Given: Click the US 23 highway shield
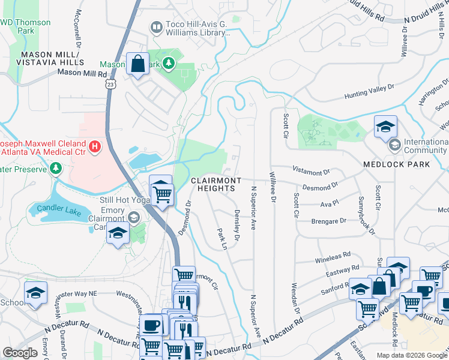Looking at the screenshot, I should pyautogui.click(x=110, y=85).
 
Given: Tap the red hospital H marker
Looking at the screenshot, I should pyautogui.click(x=94, y=146).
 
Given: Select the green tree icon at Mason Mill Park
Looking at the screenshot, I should pyautogui.click(x=169, y=63).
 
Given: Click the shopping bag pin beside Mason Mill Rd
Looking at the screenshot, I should pyautogui.click(x=137, y=63).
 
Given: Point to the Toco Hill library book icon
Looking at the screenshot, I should pyautogui.click(x=157, y=27).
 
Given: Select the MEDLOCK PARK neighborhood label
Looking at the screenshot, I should pyautogui.click(x=396, y=164).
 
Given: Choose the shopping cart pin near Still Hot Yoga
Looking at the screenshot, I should pyautogui.click(x=161, y=193).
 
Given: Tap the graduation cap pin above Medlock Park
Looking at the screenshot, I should pyautogui.click(x=385, y=127).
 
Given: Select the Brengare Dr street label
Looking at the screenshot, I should pyautogui.click(x=329, y=220).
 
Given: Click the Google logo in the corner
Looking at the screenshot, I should pyautogui.click(x=20, y=352).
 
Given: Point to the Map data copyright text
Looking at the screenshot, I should pyautogui.click(x=411, y=355).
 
